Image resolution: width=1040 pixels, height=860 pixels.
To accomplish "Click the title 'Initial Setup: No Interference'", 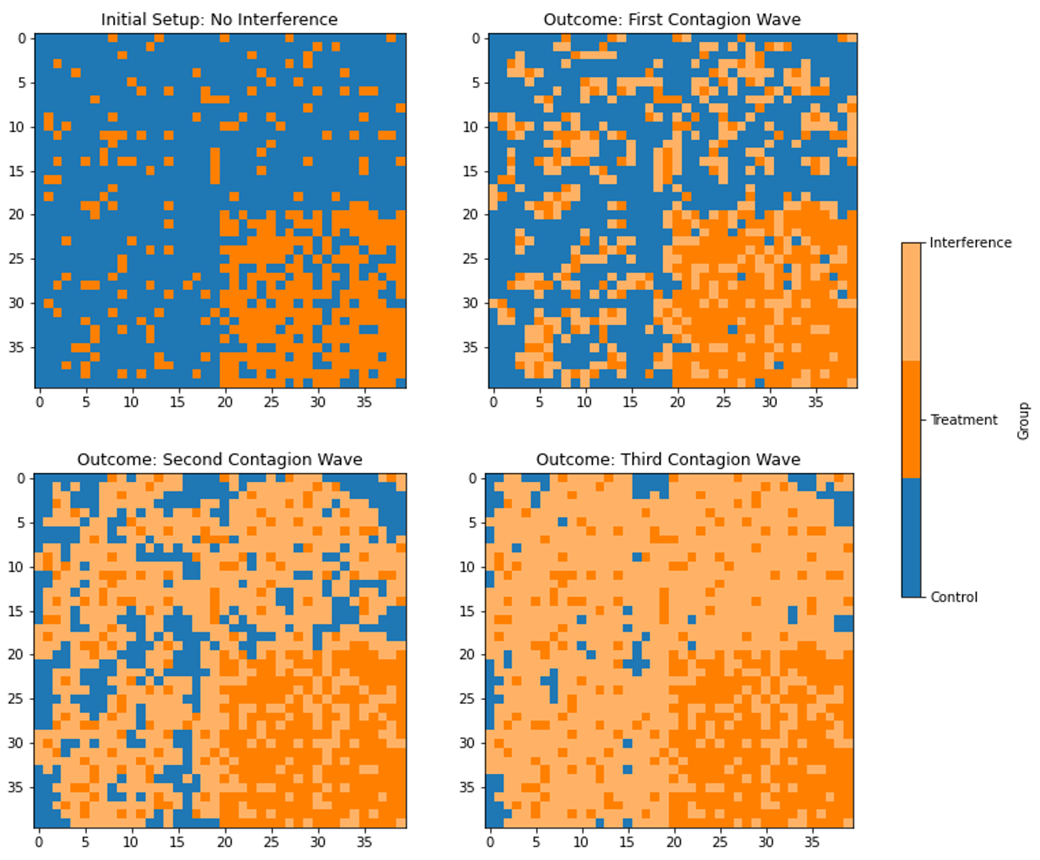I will coord(219,19).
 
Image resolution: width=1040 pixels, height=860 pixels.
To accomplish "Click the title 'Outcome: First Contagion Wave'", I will coord(672,19).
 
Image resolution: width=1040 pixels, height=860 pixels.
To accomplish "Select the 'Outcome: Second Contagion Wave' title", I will coord(219,459).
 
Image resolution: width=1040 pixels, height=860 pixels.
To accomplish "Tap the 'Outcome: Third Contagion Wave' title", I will coord(668,459).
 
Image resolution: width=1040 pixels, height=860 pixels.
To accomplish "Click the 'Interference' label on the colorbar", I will coord(970,242).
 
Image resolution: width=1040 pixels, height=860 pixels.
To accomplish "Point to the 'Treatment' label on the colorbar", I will coord(963,419).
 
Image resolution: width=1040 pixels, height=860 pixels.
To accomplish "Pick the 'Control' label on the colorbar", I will coord(954,597).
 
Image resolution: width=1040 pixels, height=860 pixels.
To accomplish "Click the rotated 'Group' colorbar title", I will coord(1023,420).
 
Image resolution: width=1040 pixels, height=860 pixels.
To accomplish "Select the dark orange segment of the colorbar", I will coord(911,419).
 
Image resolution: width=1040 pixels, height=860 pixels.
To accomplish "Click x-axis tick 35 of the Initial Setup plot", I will coord(364,402).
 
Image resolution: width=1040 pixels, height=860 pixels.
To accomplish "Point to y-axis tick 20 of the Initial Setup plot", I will coord(17,215).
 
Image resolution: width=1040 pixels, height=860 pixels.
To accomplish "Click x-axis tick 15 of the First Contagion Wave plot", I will coord(631,402).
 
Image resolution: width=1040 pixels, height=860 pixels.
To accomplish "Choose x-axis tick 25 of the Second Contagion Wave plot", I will coord(271,842).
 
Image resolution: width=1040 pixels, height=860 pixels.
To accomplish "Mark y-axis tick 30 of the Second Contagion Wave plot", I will coord(17,743).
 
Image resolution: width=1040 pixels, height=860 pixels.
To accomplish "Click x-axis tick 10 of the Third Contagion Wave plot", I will coord(582,842).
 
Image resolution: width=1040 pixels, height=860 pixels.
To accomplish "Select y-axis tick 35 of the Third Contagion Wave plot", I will coord(468,787).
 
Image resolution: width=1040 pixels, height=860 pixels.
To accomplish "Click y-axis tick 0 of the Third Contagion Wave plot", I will coord(472,478).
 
